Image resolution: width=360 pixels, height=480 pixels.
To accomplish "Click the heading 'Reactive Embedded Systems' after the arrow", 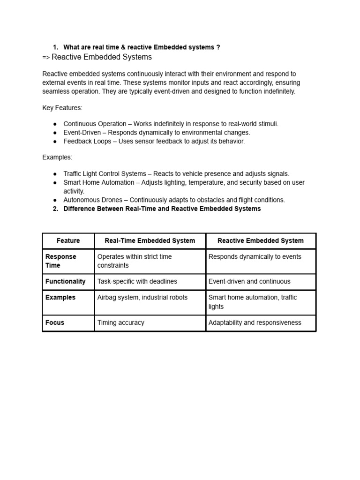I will pyautogui.click(x=101, y=57).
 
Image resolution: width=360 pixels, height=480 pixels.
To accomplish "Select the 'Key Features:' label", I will pyautogui.click(x=62, y=108).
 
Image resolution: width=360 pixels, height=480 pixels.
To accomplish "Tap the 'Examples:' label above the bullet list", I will pyautogui.click(x=57, y=157).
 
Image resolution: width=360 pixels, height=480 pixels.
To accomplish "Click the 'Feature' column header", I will pyautogui.click(x=68, y=240).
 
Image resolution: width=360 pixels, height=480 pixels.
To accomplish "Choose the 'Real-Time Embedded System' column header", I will pyautogui.click(x=150, y=240).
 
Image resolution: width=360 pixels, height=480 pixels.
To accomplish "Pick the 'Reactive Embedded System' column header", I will pyautogui.click(x=261, y=240).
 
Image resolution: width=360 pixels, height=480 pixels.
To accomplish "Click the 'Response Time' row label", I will pyautogui.click(x=60, y=261).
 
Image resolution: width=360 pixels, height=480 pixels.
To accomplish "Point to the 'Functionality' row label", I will pyautogui.click(x=66, y=281).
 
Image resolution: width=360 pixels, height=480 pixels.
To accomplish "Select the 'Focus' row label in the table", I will pyautogui.click(x=55, y=322).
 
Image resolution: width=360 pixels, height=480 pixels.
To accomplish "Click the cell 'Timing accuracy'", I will pyautogui.click(x=121, y=322).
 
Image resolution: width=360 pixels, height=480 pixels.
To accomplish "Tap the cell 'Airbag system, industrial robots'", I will pyautogui.click(x=142, y=297).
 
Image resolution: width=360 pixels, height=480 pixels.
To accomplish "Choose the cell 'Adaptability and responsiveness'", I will pyautogui.click(x=255, y=322).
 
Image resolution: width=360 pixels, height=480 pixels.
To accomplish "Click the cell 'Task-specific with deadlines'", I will pyautogui.click(x=137, y=281).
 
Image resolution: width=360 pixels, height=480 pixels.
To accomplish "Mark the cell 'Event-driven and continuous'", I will pyautogui.click(x=249, y=281).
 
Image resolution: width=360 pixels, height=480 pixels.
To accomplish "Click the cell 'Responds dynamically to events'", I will pyautogui.click(x=255, y=256).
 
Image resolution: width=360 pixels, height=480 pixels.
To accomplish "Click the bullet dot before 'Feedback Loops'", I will pyautogui.click(x=55, y=141).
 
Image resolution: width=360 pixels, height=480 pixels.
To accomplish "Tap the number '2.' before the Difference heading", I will pyautogui.click(x=55, y=209).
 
